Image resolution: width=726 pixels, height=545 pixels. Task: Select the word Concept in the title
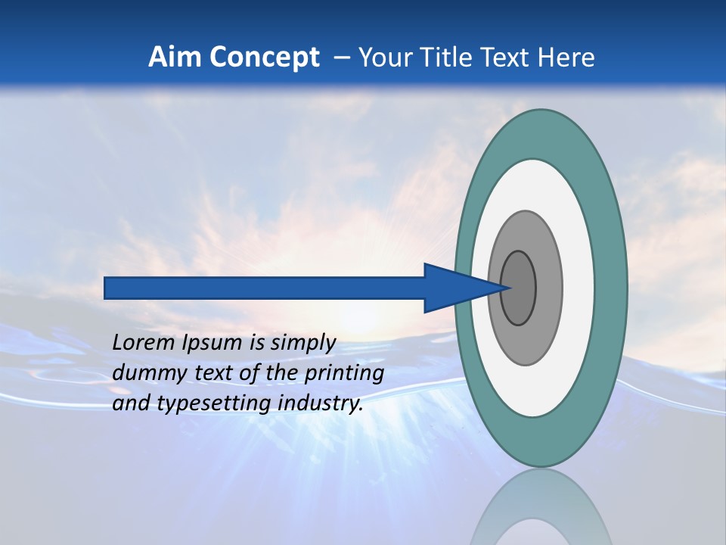[x=265, y=58]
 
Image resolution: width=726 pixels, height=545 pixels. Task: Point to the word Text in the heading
[x=507, y=58]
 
